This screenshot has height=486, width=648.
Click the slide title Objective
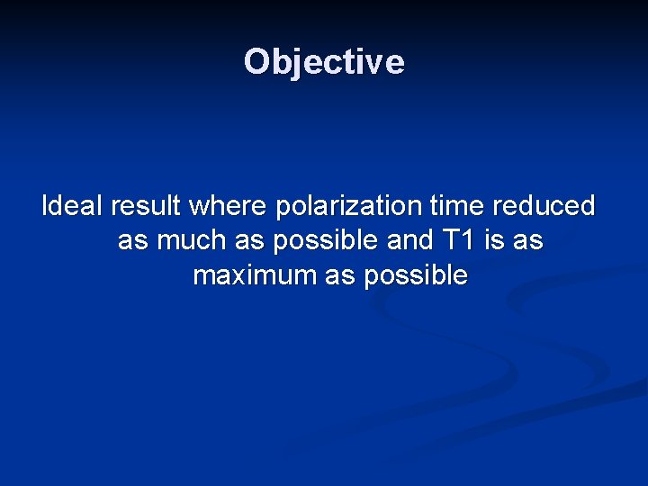click(324, 62)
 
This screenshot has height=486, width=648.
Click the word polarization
click(348, 206)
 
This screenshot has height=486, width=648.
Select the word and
click(407, 240)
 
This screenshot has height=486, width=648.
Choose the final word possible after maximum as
click(416, 275)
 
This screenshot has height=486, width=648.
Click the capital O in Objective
click(257, 62)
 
